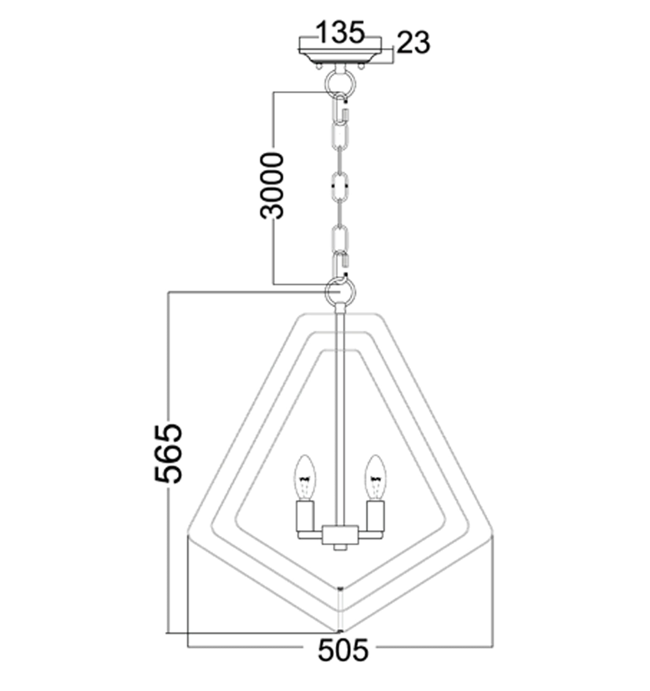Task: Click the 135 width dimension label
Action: point(340,32)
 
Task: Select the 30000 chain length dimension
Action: point(272,186)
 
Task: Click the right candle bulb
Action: point(375,479)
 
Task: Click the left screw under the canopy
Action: point(318,66)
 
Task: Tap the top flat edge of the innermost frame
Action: point(340,350)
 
